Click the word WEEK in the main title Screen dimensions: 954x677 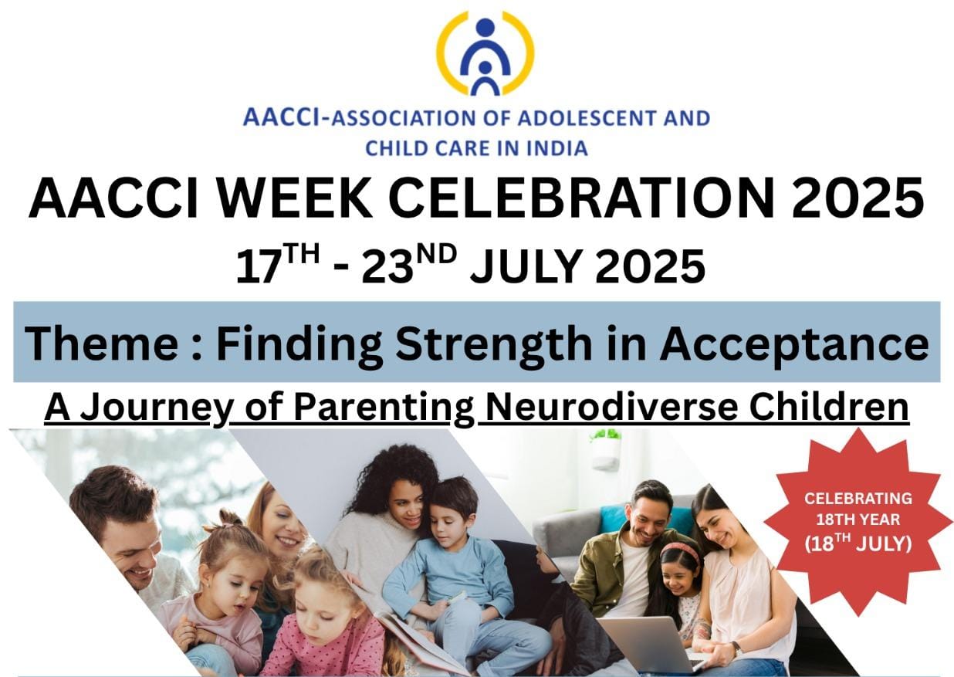(x=294, y=198)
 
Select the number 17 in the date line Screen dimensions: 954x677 (x=258, y=267)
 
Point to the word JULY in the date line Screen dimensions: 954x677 (x=526, y=266)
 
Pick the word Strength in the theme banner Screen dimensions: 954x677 (x=494, y=344)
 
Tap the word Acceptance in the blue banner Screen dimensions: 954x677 (x=794, y=345)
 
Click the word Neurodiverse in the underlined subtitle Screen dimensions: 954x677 (x=611, y=408)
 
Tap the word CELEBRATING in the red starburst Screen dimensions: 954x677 (x=858, y=499)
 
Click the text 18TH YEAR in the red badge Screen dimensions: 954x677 (x=858, y=520)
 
